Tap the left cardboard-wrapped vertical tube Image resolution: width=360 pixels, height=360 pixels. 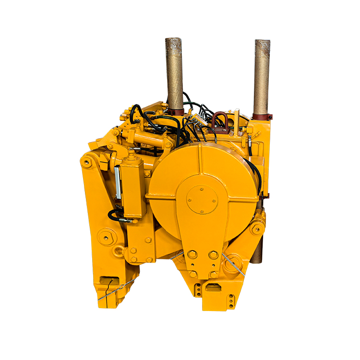coord(174,72)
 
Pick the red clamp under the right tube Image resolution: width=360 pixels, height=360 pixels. coord(262,117)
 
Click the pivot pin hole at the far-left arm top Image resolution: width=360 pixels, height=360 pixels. coord(87,162)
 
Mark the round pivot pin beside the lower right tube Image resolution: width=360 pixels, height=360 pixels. coord(257,229)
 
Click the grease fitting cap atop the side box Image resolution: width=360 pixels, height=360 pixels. coord(131,152)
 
